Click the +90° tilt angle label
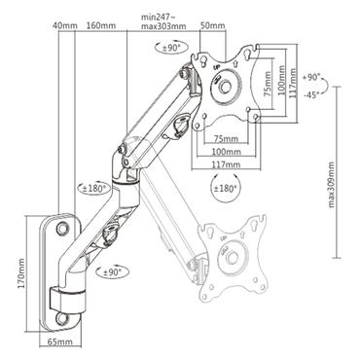tap(313, 76)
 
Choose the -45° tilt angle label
tap(313, 95)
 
